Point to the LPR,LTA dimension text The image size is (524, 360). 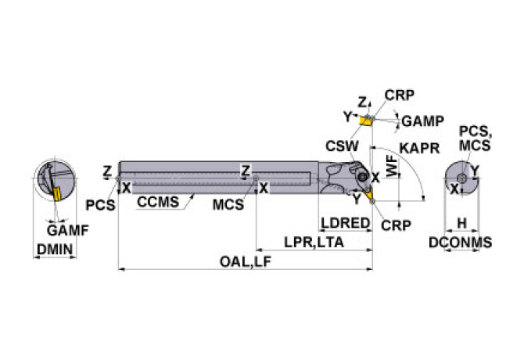click(x=314, y=243)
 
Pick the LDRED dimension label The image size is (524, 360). click(x=344, y=223)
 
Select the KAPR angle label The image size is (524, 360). click(x=418, y=148)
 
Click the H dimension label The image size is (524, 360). click(x=461, y=224)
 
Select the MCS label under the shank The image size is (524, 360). click(x=228, y=205)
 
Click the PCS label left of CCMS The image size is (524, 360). click(x=101, y=205)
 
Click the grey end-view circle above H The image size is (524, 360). click(x=461, y=179)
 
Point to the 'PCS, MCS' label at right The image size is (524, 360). click(x=476, y=138)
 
